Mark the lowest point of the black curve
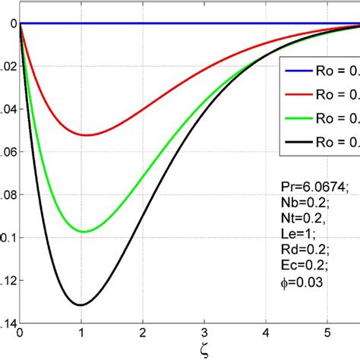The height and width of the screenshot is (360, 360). (x=81, y=305)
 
